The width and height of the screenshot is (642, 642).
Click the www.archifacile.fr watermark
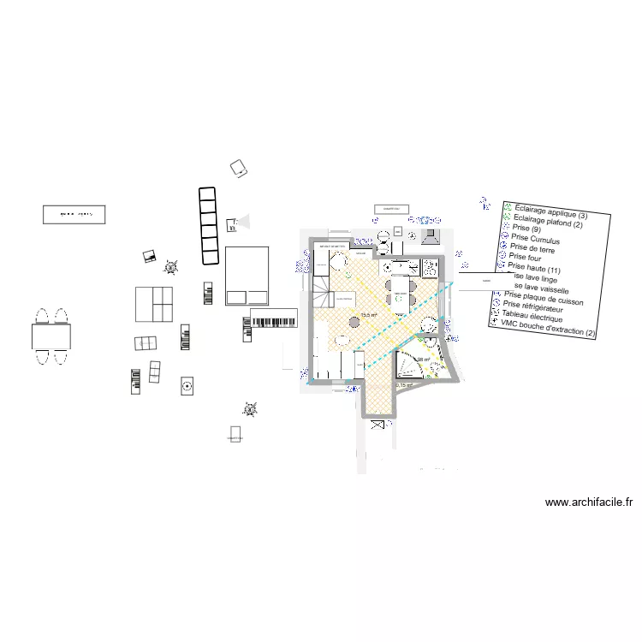589,503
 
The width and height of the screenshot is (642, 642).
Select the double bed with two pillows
247,276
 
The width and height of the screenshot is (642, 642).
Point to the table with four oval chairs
51,336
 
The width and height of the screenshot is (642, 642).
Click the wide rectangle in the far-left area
74,214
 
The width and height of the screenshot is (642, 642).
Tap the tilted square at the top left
241,169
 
